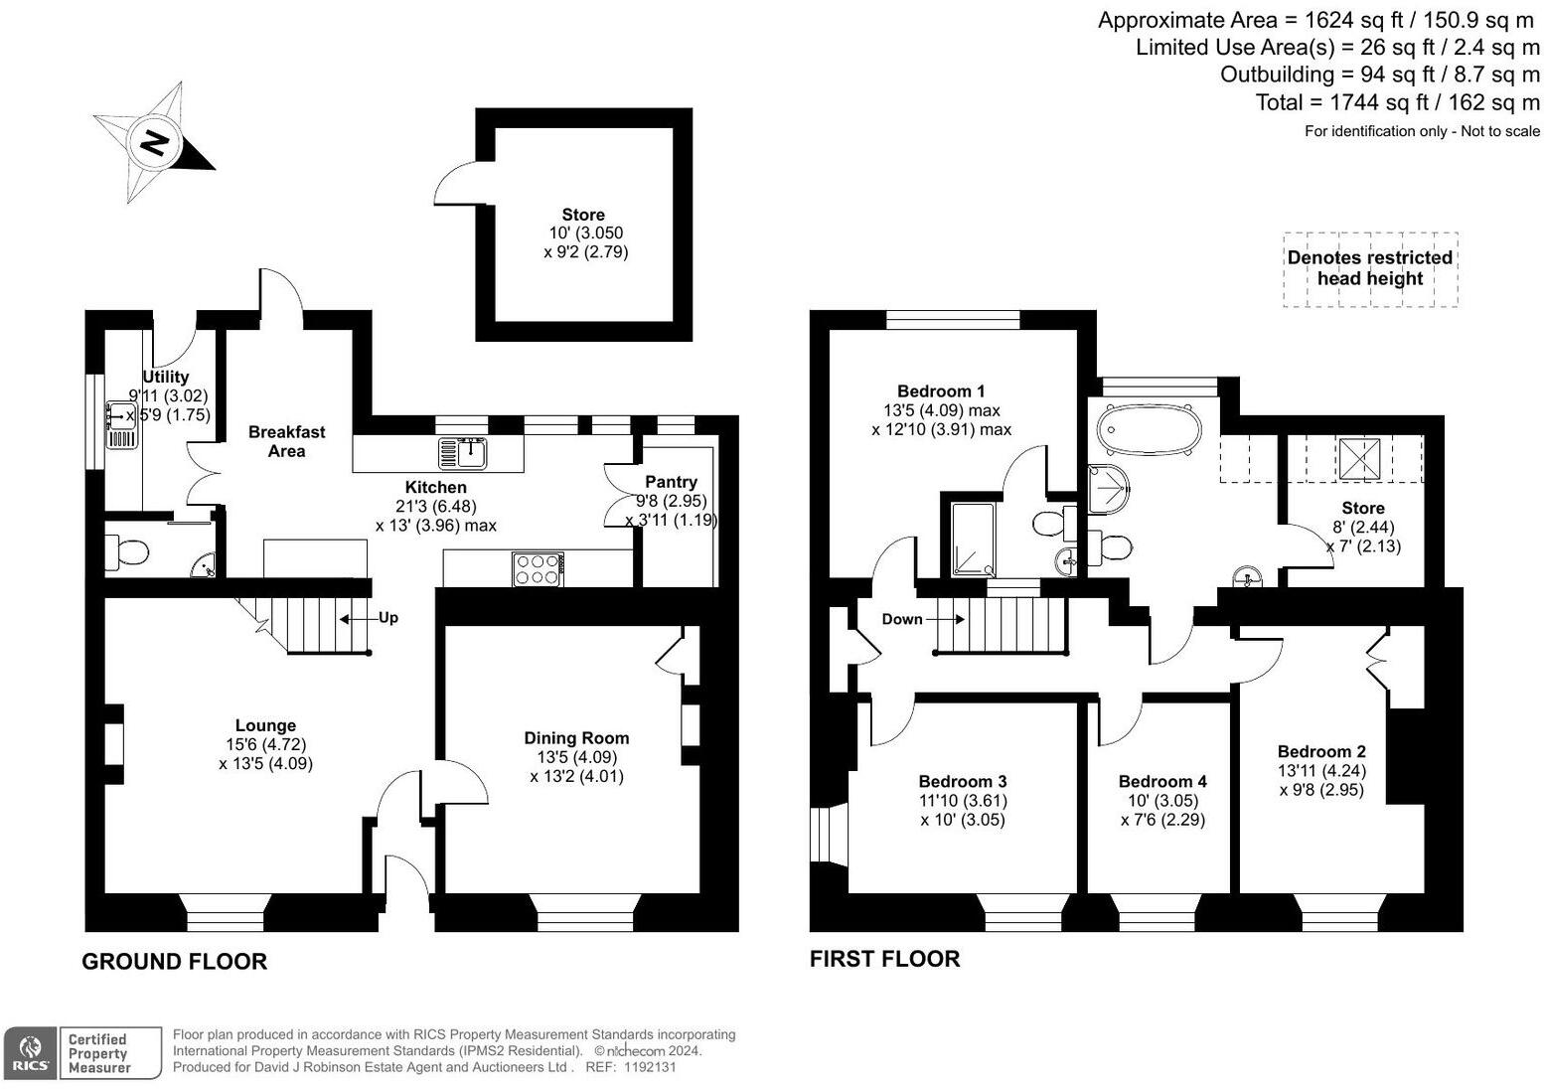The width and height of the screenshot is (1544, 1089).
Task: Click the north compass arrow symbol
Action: [x=155, y=143]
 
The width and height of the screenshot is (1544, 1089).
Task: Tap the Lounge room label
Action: [x=265, y=725]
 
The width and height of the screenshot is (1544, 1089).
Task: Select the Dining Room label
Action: [x=576, y=737]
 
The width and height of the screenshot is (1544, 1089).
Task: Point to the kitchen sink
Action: [x=463, y=453]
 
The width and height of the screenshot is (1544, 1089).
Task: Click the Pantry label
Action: [x=671, y=482]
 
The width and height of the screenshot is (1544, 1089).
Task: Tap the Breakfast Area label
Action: [x=286, y=441]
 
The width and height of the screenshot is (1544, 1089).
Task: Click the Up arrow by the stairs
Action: [x=377, y=618]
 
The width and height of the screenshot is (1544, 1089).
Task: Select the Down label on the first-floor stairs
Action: [x=902, y=619]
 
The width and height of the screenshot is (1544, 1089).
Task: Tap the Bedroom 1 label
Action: [x=940, y=391]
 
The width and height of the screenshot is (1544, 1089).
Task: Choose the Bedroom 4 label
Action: [x=1162, y=781]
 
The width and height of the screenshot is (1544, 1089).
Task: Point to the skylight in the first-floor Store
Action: [x=1359, y=457]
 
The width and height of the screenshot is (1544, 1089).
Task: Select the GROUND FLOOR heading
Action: [x=174, y=961]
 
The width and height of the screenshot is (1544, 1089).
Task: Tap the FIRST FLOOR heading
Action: [x=884, y=958]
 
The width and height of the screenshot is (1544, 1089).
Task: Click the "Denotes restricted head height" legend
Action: [x=1369, y=268]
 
